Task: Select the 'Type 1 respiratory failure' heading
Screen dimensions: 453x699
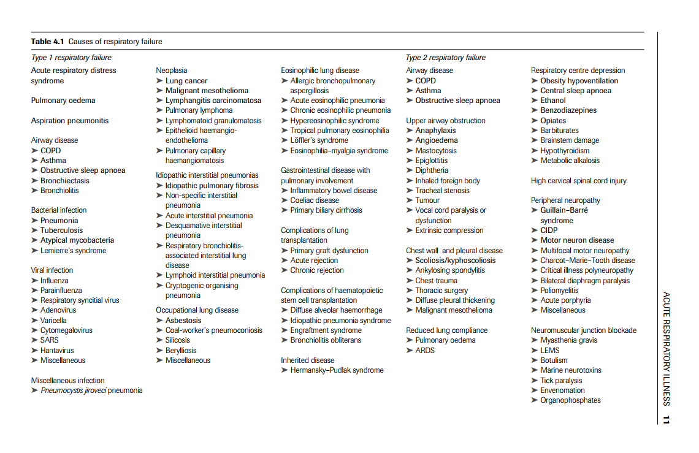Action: point(71,58)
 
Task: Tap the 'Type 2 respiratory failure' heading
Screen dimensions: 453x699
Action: point(445,58)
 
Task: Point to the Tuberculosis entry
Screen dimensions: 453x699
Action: point(61,230)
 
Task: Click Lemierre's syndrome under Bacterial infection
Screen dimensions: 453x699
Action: point(73,251)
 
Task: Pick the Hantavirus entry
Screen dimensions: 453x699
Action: point(57,351)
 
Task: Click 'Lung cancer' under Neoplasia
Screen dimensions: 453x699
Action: point(186,81)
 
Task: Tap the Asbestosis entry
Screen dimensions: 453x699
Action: point(183,321)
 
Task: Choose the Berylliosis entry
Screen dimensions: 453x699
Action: point(181,351)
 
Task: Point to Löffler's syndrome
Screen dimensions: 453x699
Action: point(319,140)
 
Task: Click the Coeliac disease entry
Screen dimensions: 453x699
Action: point(315,200)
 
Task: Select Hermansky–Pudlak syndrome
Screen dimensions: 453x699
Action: point(337,370)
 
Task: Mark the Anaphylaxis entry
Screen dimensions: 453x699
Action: point(435,131)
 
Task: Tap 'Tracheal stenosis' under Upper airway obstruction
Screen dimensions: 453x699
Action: point(442,191)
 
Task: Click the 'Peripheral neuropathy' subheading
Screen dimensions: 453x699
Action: point(565,200)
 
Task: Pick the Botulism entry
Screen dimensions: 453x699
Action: point(554,360)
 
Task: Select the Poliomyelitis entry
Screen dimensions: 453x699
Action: point(559,291)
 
